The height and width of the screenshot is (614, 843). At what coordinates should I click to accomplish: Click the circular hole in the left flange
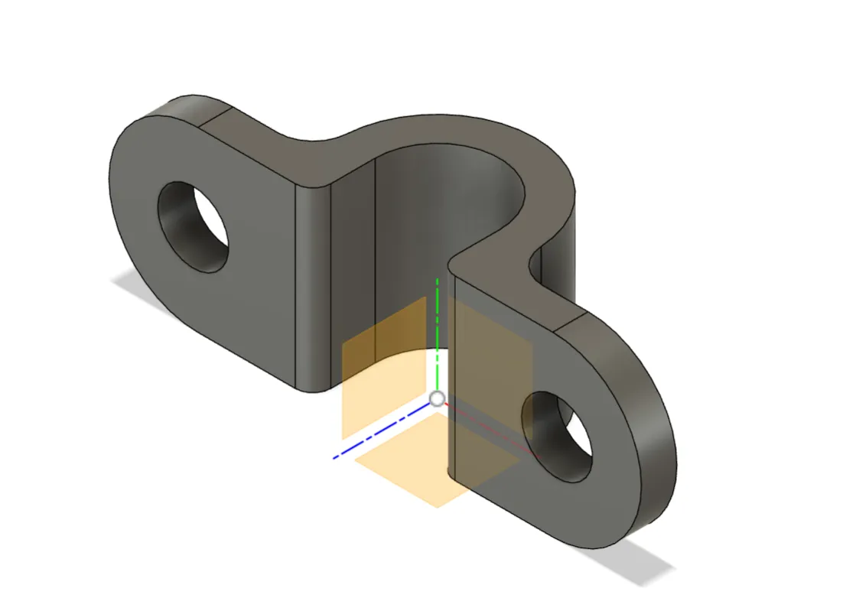[x=193, y=227]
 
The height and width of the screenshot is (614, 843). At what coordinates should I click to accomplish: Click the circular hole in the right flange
[x=557, y=437]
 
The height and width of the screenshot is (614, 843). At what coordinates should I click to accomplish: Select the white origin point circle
[x=437, y=398]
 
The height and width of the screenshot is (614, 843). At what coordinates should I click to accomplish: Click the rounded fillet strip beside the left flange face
[x=314, y=291]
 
